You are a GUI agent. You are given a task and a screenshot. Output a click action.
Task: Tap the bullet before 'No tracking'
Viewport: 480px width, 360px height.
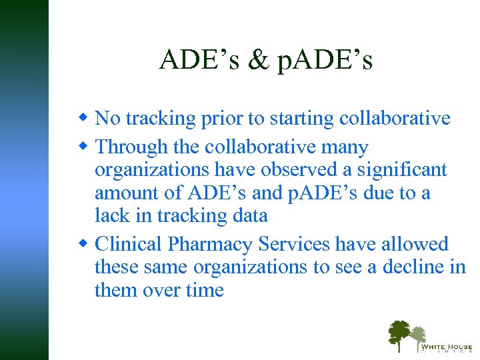(85, 118)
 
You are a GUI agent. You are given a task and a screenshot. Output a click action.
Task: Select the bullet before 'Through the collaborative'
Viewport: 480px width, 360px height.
(85, 146)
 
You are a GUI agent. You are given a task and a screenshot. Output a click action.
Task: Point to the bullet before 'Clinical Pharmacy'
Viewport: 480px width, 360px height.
(85, 243)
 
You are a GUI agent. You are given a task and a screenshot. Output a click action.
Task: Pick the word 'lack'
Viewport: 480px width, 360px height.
(111, 215)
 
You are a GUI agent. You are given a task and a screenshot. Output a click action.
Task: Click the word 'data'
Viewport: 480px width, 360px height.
(247, 215)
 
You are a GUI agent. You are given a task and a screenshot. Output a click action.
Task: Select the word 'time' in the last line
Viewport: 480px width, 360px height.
(204, 290)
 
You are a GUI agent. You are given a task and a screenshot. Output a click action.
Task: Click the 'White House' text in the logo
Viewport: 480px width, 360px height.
(446, 347)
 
